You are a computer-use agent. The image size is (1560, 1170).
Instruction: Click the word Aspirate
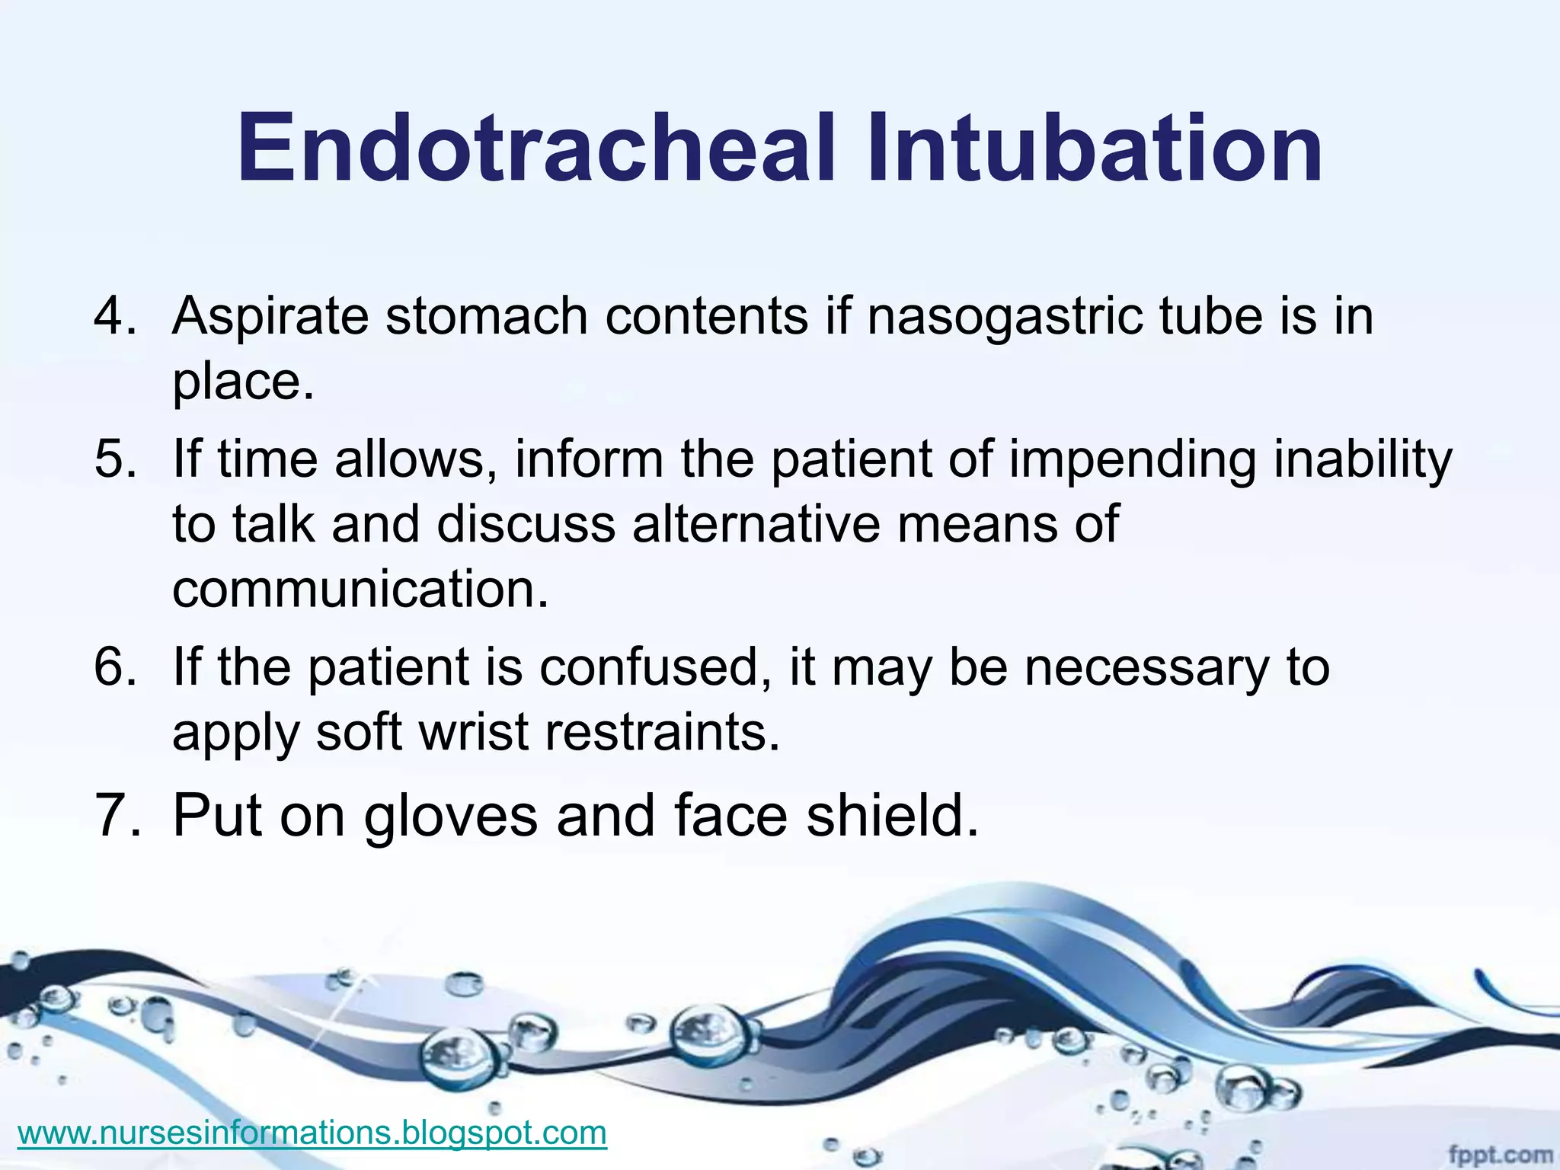coord(270,316)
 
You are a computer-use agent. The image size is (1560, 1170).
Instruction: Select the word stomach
coord(487,315)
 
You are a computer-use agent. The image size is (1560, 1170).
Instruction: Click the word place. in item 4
coord(243,382)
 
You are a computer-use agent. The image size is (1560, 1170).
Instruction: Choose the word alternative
coord(755,524)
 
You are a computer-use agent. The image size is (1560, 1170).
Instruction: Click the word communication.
coord(360,589)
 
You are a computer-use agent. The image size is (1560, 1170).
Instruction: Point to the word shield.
coord(892,815)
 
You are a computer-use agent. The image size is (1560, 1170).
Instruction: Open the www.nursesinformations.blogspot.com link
coord(312,1132)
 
